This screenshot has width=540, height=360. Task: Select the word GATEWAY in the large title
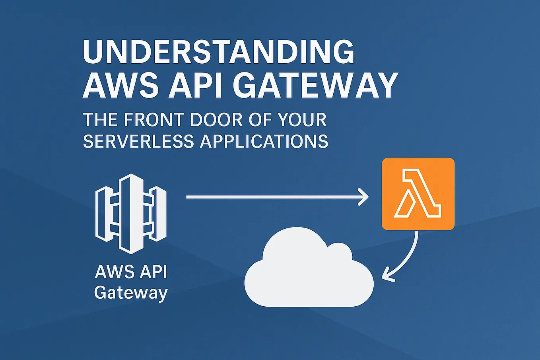[315, 86]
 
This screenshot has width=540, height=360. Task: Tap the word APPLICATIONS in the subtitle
[264, 142]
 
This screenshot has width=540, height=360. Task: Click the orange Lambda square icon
[418, 194]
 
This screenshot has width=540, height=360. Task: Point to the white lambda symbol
[418, 194]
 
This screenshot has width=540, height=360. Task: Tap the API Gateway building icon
[131, 213]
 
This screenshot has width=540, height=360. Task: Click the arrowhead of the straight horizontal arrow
[363, 197]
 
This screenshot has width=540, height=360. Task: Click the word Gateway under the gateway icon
[131, 294]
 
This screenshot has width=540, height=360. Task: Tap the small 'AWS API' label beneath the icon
[131, 272]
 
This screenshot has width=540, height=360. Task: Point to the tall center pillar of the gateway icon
[131, 213]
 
